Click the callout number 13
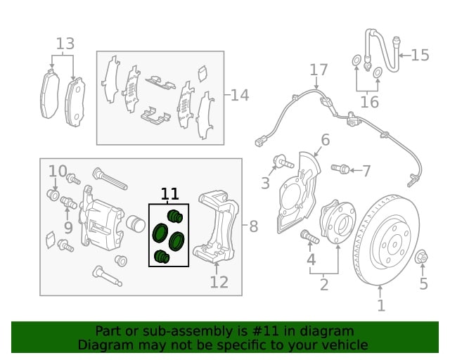click(65, 44)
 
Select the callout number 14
click(240, 94)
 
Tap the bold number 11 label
click(170, 194)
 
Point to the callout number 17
click(319, 70)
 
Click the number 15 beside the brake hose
click(420, 55)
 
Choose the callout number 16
click(369, 102)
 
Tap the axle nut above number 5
click(423, 257)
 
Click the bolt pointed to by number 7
click(340, 169)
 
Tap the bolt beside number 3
click(284, 162)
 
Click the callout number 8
click(254, 226)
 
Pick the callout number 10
click(58, 171)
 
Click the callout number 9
click(68, 226)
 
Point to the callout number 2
click(324, 285)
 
